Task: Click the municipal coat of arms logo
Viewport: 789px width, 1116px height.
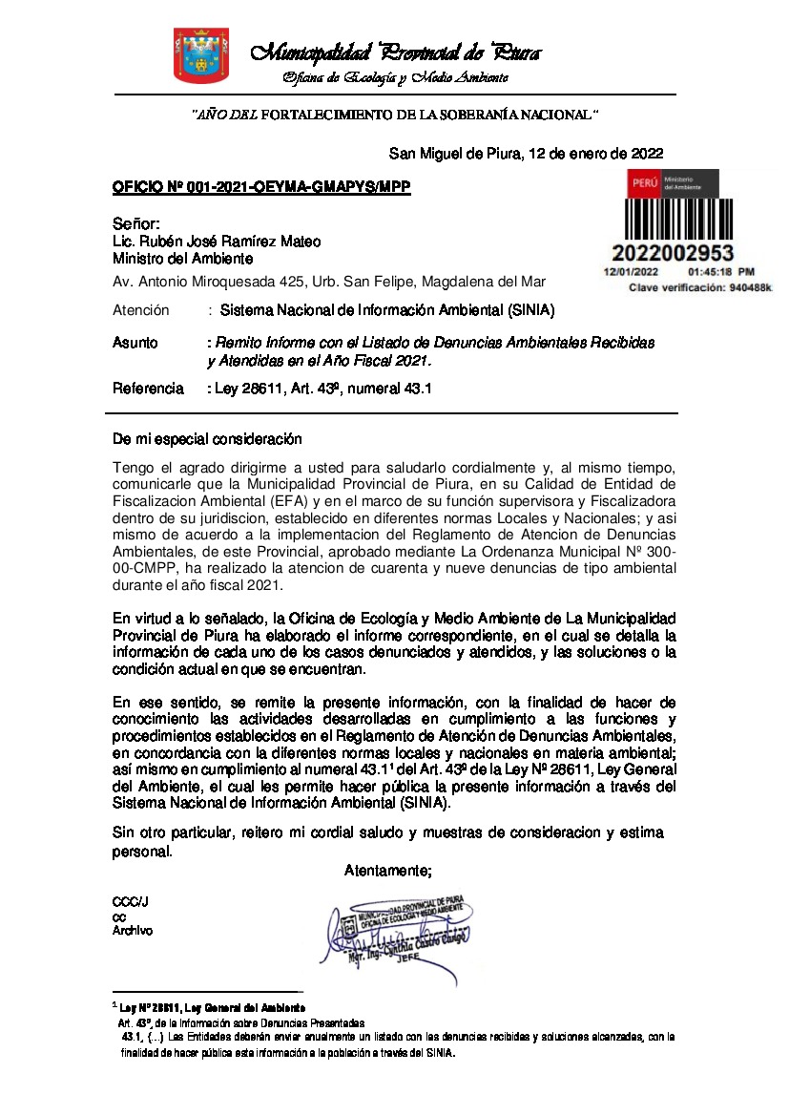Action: pyautogui.click(x=194, y=56)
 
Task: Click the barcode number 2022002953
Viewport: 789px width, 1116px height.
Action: pyautogui.click(x=673, y=253)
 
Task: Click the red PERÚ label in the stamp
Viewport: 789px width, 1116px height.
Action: pyautogui.click(x=645, y=183)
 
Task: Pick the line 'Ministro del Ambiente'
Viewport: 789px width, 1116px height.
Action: pyautogui.click(x=182, y=258)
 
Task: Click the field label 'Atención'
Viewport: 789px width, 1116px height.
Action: pyautogui.click(x=140, y=310)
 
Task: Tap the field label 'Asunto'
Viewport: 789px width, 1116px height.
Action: pyautogui.click(x=135, y=342)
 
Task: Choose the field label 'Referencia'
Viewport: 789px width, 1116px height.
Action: pyautogui.click(x=148, y=389)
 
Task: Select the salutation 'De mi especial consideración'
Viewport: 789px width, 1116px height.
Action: pyautogui.click(x=207, y=439)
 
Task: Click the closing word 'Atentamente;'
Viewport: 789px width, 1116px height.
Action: pyautogui.click(x=388, y=870)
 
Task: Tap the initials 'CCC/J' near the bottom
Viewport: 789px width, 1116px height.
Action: pyautogui.click(x=130, y=902)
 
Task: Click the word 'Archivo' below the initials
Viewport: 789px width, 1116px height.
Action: pyautogui.click(x=132, y=931)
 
